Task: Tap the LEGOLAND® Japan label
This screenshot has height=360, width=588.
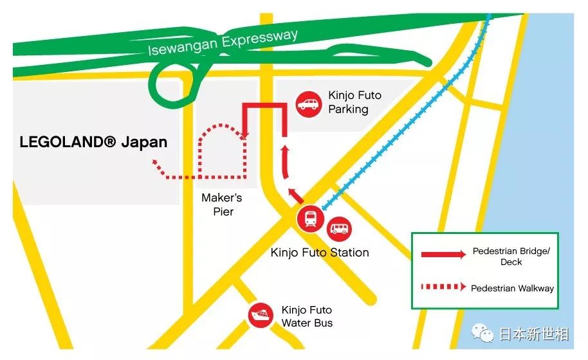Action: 93,142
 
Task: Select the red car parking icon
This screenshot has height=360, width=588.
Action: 309,104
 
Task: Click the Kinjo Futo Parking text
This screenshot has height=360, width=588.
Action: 354,102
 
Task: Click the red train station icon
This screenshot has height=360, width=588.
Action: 310,219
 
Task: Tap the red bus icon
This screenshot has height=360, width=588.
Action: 340,228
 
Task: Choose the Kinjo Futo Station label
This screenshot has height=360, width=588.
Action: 320,252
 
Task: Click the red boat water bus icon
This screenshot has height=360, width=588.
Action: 261,316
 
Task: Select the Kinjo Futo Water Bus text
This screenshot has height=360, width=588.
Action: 307,316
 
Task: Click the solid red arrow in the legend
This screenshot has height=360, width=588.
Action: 443,255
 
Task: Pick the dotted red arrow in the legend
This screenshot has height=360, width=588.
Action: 443,287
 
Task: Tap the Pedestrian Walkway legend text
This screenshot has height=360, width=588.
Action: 512,288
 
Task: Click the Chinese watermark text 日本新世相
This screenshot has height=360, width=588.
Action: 533,334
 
